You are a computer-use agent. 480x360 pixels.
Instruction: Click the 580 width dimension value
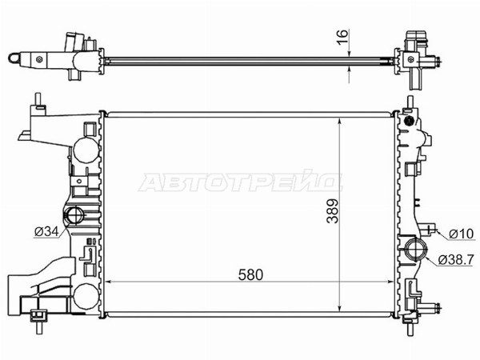tap(250, 275)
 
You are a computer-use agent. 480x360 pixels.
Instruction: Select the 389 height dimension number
tap(333, 211)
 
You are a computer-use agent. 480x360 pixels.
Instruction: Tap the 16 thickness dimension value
tap(343, 38)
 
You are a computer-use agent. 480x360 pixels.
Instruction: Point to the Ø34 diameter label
tap(46, 232)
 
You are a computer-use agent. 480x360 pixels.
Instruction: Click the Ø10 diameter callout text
tap(462, 234)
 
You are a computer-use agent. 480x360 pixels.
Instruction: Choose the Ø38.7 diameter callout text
tap(456, 259)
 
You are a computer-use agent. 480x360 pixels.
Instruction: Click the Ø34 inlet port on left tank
tap(74, 216)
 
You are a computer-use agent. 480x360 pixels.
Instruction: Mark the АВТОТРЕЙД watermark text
tap(240, 182)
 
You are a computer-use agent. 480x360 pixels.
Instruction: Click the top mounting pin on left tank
tap(38, 99)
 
